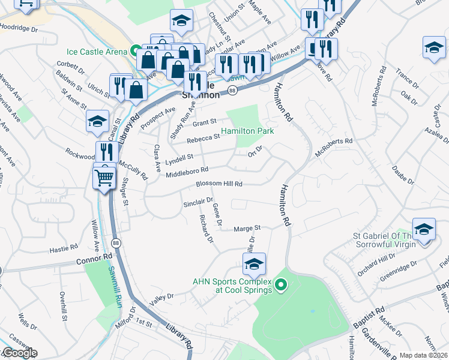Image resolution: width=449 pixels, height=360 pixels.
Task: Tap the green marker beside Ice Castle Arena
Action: pos(136,51)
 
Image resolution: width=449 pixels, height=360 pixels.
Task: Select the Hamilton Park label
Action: pos(247,131)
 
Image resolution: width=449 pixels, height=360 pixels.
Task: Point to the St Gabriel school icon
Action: pos(424,230)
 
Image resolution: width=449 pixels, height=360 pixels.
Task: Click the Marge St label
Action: pos(247,229)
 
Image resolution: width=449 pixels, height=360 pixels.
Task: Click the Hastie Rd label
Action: pos(64,247)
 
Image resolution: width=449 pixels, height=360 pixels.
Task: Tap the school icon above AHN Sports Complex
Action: pos(255,263)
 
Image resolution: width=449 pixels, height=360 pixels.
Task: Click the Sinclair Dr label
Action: pos(198,202)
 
